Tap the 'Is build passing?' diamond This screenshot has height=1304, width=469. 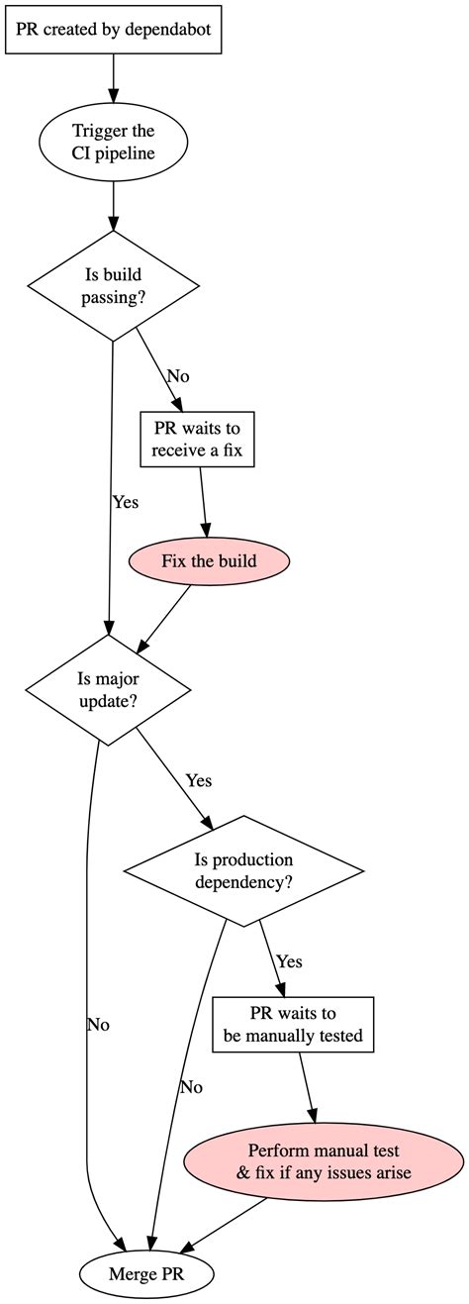tap(114, 286)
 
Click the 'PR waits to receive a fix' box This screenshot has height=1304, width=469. tap(198, 440)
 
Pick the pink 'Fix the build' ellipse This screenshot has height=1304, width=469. tap(209, 561)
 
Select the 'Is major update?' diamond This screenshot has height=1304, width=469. tap(107, 689)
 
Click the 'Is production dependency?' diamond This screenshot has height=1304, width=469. tap(243, 871)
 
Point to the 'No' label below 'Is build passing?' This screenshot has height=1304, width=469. tap(178, 376)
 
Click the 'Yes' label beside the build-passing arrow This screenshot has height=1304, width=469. tap(126, 502)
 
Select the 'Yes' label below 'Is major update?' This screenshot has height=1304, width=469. tap(199, 780)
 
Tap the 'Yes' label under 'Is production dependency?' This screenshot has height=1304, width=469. tap(289, 961)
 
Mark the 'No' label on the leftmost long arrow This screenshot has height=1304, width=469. tap(98, 1025)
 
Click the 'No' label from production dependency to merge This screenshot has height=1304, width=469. tap(191, 1087)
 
